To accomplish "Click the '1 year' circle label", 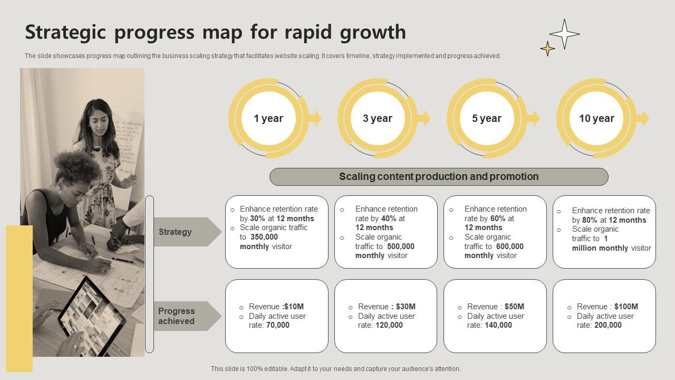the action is click(268, 119).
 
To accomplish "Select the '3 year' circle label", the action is click(378, 119).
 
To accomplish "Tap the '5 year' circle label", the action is click(487, 119).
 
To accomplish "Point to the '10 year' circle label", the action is click(596, 119).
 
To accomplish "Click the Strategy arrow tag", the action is click(187, 232).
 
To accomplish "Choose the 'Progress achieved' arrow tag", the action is click(187, 316).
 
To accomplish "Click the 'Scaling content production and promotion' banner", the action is click(439, 177).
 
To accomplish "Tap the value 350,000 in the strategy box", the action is click(264, 237).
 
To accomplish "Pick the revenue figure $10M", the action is click(294, 307).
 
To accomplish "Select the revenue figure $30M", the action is click(406, 307).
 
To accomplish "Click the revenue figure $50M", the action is click(514, 307).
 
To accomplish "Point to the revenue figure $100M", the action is click(626, 307).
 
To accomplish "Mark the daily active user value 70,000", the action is click(278, 325).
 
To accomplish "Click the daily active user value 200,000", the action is click(608, 325).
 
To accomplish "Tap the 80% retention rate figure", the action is click(590, 220).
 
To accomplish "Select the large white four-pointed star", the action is click(564, 34).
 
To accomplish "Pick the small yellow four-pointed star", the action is click(547, 49).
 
